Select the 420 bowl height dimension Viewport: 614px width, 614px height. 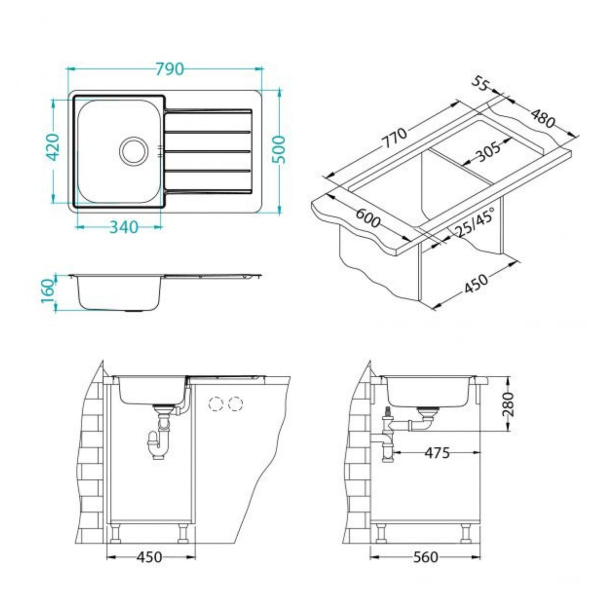click(x=54, y=147)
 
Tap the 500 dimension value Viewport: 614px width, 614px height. click(x=280, y=150)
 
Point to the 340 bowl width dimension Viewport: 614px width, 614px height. click(x=123, y=227)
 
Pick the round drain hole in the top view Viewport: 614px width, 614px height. click(x=134, y=150)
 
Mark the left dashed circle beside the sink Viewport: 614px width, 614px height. click(x=217, y=404)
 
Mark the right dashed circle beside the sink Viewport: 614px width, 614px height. click(x=235, y=404)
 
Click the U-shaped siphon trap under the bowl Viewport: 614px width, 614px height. click(x=159, y=444)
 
